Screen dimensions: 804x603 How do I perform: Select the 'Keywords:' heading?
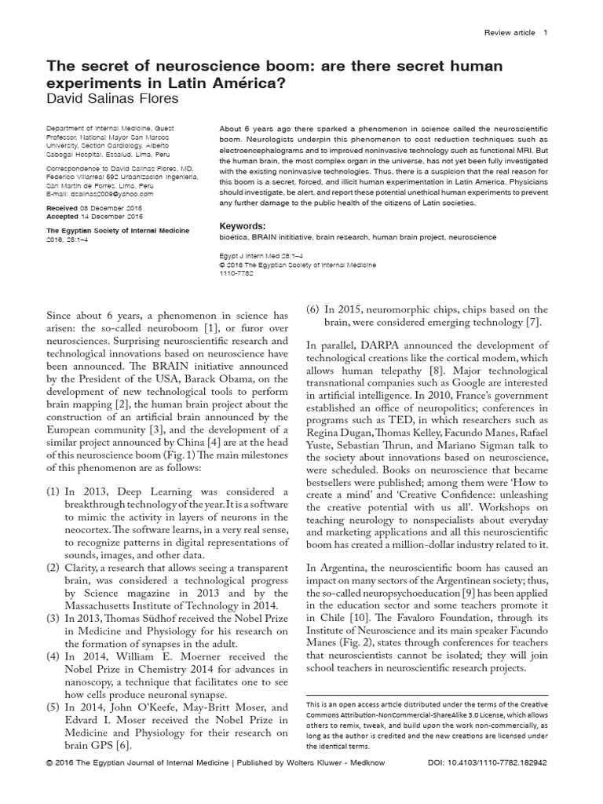click(x=244, y=225)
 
